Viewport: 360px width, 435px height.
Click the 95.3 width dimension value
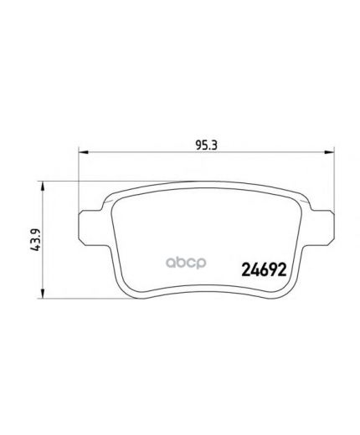click(x=201, y=143)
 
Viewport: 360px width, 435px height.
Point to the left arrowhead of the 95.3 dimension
click(x=82, y=151)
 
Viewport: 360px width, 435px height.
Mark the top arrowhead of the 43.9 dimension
click(x=44, y=180)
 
